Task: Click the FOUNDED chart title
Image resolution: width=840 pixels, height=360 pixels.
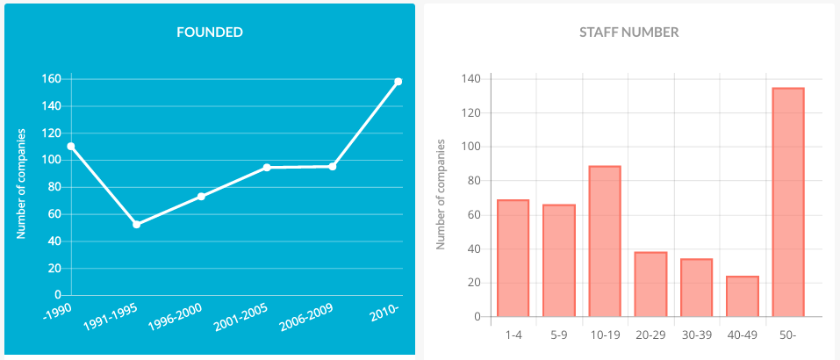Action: (210, 32)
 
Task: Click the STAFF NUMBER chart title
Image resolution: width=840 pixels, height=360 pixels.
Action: (628, 32)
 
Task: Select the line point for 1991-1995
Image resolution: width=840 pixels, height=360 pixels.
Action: (136, 225)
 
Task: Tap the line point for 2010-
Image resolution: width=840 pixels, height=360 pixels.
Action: (398, 82)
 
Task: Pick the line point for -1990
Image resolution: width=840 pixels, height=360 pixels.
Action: (70, 147)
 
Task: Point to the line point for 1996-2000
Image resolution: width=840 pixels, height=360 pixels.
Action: (201, 197)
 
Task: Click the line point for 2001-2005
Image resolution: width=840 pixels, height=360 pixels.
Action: (267, 168)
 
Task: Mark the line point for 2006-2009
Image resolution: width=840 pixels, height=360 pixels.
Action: (333, 166)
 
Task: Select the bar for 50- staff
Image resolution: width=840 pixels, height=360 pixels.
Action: (787, 202)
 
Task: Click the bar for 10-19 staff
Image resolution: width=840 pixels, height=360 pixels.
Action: (605, 241)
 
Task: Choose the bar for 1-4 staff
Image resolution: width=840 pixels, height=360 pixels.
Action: (513, 258)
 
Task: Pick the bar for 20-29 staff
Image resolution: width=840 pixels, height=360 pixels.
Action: (650, 284)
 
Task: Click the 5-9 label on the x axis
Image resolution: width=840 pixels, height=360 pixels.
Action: (558, 334)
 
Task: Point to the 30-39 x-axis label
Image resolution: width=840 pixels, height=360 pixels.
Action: (696, 334)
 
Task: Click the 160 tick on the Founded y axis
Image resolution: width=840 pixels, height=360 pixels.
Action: (51, 79)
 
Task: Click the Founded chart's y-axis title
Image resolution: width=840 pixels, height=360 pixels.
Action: (22, 184)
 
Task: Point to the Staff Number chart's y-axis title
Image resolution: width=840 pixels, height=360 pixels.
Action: (442, 194)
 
